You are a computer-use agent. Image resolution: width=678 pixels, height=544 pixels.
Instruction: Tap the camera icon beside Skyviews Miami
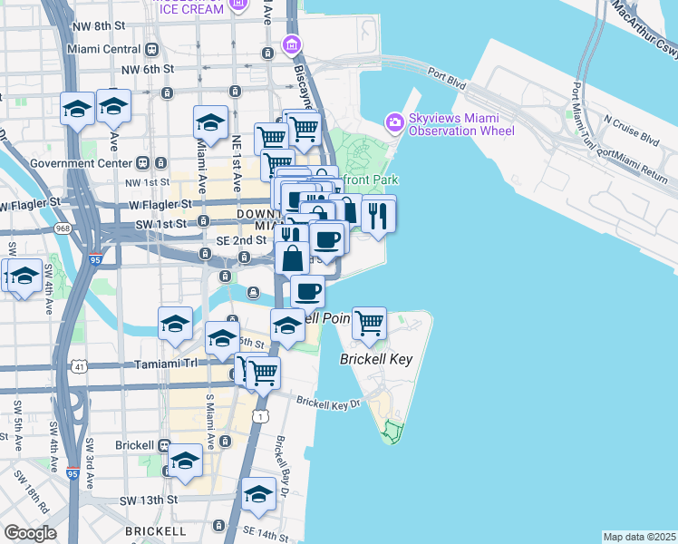pyautogui.click(x=394, y=121)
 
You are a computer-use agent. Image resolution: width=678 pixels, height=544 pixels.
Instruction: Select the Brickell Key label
pyautogui.click(x=376, y=359)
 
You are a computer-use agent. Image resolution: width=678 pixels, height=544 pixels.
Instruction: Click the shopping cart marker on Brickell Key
pyautogui.click(x=369, y=323)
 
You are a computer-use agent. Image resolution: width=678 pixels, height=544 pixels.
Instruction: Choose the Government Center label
pyautogui.click(x=81, y=163)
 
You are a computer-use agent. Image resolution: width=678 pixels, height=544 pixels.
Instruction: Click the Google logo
pyautogui.click(x=30, y=533)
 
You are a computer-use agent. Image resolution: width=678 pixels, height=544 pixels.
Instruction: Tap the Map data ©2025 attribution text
pyautogui.click(x=639, y=537)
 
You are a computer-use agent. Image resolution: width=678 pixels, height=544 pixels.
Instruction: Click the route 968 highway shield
pyautogui.click(x=62, y=228)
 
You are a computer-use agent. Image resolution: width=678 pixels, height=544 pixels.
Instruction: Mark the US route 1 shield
pyautogui.click(x=260, y=416)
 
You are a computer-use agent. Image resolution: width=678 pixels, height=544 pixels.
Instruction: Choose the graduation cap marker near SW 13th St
pyautogui.click(x=257, y=494)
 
